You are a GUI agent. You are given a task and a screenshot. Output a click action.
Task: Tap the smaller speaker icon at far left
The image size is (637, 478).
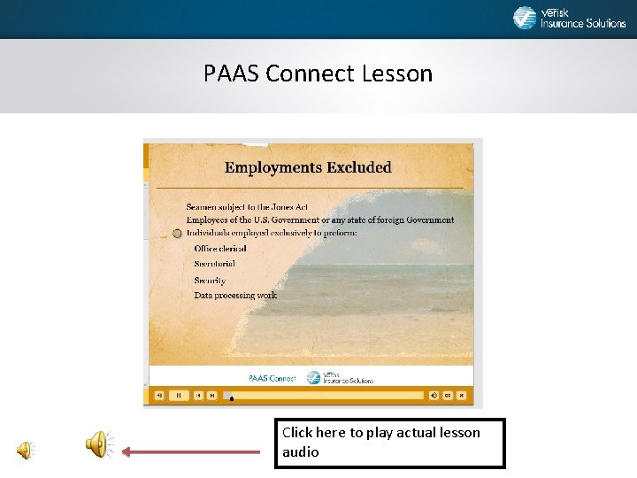pyautogui.click(x=25, y=450)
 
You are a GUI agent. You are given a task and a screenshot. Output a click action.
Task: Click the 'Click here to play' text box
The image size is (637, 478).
pyautogui.click(x=389, y=443)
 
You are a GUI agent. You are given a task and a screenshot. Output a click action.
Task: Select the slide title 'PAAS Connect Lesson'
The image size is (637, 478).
pyautogui.click(x=318, y=73)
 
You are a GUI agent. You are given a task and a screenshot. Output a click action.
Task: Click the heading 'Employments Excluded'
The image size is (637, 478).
pyautogui.click(x=307, y=167)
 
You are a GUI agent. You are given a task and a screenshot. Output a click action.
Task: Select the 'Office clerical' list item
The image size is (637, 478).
pyautogui.click(x=219, y=249)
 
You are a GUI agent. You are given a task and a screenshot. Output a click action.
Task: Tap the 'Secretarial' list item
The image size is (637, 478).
pyautogui.click(x=215, y=265)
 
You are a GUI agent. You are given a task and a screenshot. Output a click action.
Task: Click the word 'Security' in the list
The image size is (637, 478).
pyautogui.click(x=210, y=281)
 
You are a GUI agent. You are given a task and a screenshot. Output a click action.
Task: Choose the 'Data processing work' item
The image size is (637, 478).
pyautogui.click(x=235, y=296)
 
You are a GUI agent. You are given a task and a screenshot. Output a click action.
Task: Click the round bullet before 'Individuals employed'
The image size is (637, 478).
pyautogui.click(x=177, y=234)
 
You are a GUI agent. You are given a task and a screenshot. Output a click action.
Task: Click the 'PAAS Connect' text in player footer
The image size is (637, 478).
pyautogui.click(x=272, y=378)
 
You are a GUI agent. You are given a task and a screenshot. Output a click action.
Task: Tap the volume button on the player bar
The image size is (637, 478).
pyautogui.click(x=434, y=396)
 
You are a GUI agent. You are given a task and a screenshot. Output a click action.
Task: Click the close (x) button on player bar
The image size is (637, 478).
pyautogui.click(x=462, y=396)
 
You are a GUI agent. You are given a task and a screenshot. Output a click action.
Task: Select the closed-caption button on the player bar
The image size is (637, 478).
pyautogui.click(x=448, y=396)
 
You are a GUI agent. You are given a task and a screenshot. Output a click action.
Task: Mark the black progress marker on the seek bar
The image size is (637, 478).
pyautogui.click(x=231, y=398)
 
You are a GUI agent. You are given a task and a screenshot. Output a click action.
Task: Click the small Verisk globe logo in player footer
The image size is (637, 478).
pyautogui.click(x=314, y=378)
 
